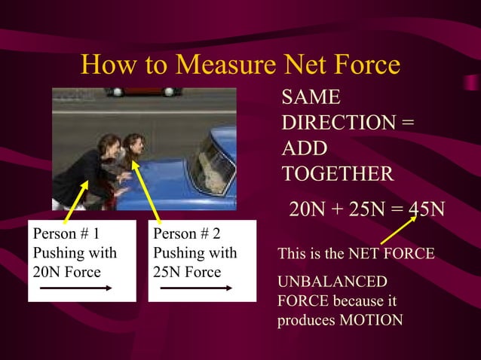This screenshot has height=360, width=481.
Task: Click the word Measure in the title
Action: [226, 65]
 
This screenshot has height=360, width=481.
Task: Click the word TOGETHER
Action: [337, 174]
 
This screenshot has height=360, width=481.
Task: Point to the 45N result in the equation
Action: [426, 208]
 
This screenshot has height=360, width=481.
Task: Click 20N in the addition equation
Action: [308, 208]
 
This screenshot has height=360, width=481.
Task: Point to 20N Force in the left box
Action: [67, 271]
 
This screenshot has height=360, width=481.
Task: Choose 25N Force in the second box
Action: [187, 271]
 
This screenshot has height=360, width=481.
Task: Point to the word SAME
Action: [311, 97]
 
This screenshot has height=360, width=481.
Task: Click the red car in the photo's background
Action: [143, 91]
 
